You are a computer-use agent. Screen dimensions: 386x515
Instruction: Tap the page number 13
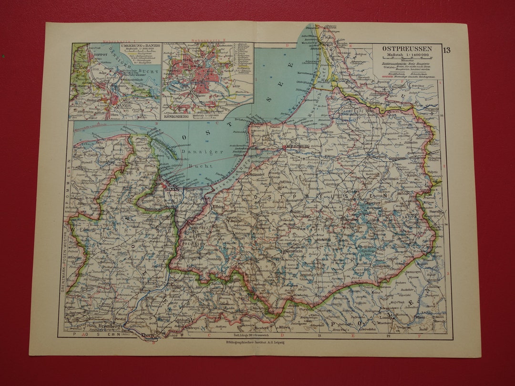coord(446,50)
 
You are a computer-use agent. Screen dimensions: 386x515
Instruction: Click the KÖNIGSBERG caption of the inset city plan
coord(177,115)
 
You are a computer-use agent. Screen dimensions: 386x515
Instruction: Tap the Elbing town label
coord(219,208)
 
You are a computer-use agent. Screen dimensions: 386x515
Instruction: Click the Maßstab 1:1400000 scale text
coord(408,56)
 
